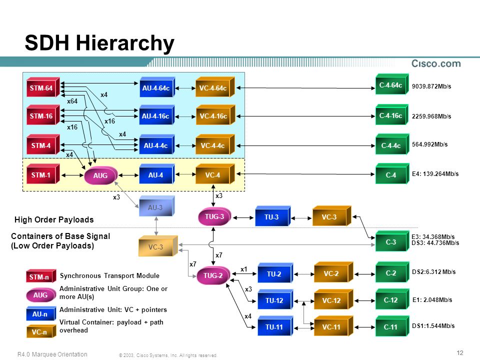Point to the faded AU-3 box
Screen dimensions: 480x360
[x=156, y=206]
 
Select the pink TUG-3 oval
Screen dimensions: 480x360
[x=214, y=216]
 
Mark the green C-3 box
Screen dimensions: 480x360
[x=392, y=241]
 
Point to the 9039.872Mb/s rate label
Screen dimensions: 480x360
[x=431, y=86]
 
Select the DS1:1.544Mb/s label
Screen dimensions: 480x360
[x=433, y=325]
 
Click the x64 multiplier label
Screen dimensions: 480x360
[x=72, y=101]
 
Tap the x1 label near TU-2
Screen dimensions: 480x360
[x=243, y=269]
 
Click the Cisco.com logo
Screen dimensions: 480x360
[x=436, y=63]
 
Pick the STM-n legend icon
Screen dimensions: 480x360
[x=41, y=276]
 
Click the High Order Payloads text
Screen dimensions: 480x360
[x=54, y=220]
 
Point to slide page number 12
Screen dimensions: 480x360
[x=460, y=352]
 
